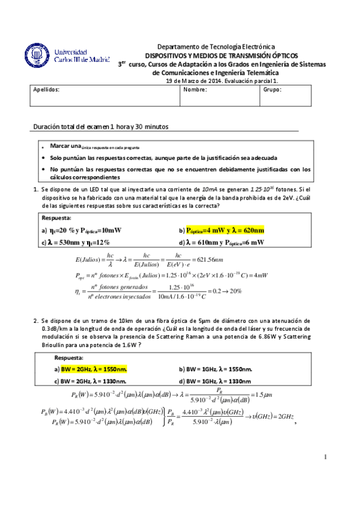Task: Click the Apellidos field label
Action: point(46,89)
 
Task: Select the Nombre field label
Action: point(195,89)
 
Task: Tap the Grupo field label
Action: point(272,89)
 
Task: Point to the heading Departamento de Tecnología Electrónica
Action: point(215,47)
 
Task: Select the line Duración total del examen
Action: point(101,127)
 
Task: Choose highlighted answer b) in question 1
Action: point(221,230)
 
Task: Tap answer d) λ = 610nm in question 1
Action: point(221,242)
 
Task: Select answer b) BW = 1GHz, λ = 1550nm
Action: point(215,369)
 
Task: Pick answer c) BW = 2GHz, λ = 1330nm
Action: point(90,381)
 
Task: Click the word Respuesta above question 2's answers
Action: point(69,357)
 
